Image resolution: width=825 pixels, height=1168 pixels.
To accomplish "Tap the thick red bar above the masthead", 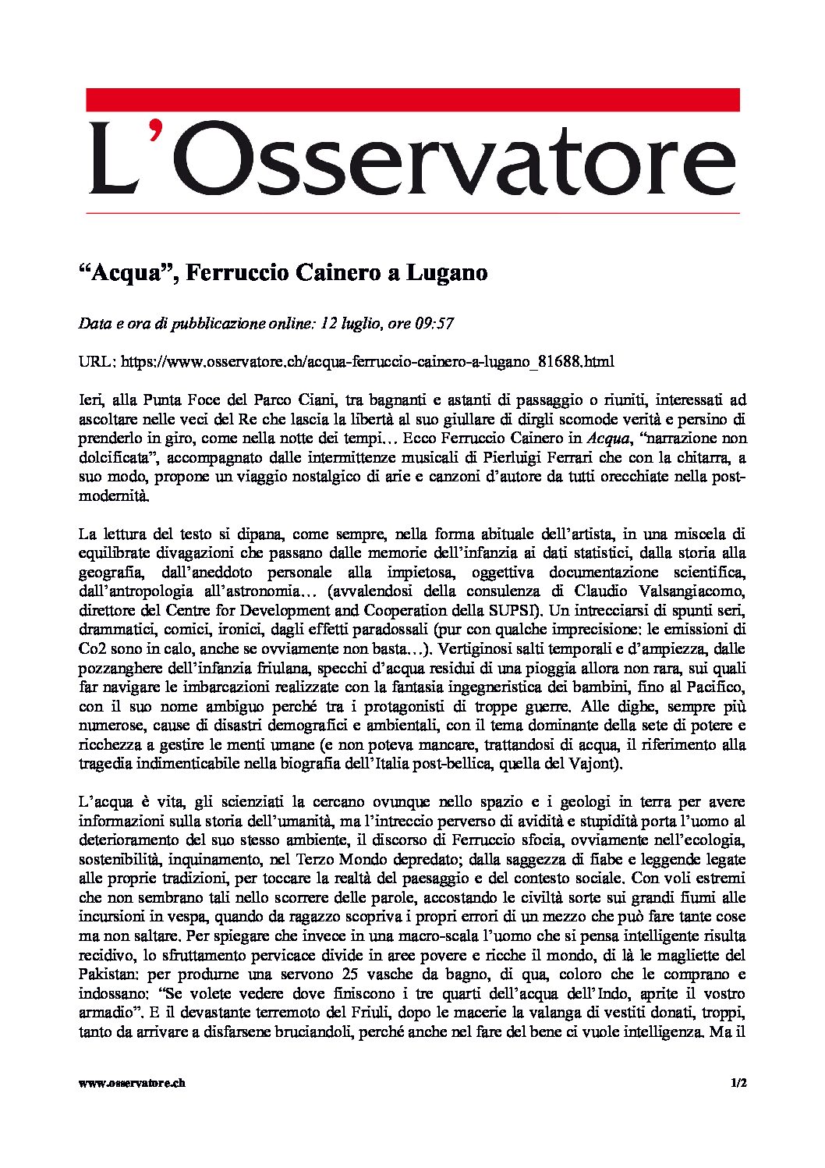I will (412, 100).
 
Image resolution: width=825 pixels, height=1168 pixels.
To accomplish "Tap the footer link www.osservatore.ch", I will (133, 1083).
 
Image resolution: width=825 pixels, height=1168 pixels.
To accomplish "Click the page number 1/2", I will (738, 1083).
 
